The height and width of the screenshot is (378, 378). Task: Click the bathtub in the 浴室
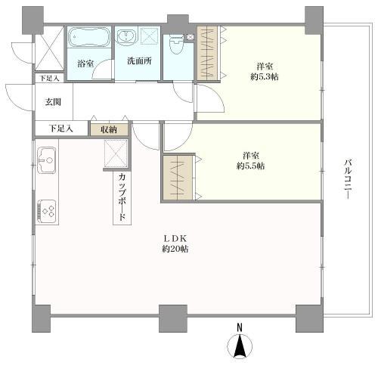(x=89, y=37)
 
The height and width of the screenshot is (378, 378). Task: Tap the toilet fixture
(x=176, y=45)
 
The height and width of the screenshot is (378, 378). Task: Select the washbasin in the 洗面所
(x=126, y=36)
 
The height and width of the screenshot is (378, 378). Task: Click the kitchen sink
(x=47, y=160)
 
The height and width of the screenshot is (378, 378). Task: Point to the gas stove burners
(x=47, y=212)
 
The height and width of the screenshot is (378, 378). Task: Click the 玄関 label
(x=53, y=102)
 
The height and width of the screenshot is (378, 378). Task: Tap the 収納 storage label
(x=109, y=129)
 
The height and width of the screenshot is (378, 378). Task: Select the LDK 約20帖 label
(x=175, y=243)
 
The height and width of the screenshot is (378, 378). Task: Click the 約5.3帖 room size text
(x=265, y=76)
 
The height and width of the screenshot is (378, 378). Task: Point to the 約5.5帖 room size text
(x=250, y=166)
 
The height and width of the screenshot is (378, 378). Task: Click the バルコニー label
(x=348, y=178)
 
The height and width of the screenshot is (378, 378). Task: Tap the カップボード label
(x=122, y=197)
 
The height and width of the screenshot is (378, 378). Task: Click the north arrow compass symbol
(x=240, y=345)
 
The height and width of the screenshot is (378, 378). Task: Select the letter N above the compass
(x=240, y=327)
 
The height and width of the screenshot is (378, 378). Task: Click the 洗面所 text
(x=139, y=60)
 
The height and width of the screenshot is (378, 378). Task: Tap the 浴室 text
(x=85, y=64)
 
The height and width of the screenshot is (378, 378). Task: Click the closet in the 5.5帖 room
(x=178, y=178)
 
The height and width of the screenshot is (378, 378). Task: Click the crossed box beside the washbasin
(x=149, y=36)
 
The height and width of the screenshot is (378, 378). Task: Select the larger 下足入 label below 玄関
(x=60, y=129)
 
